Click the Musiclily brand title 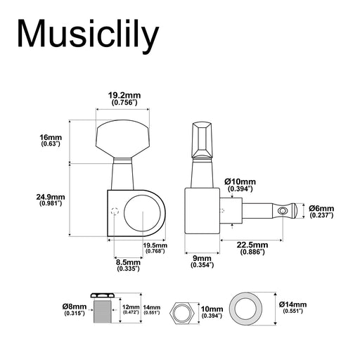pos(89,34)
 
